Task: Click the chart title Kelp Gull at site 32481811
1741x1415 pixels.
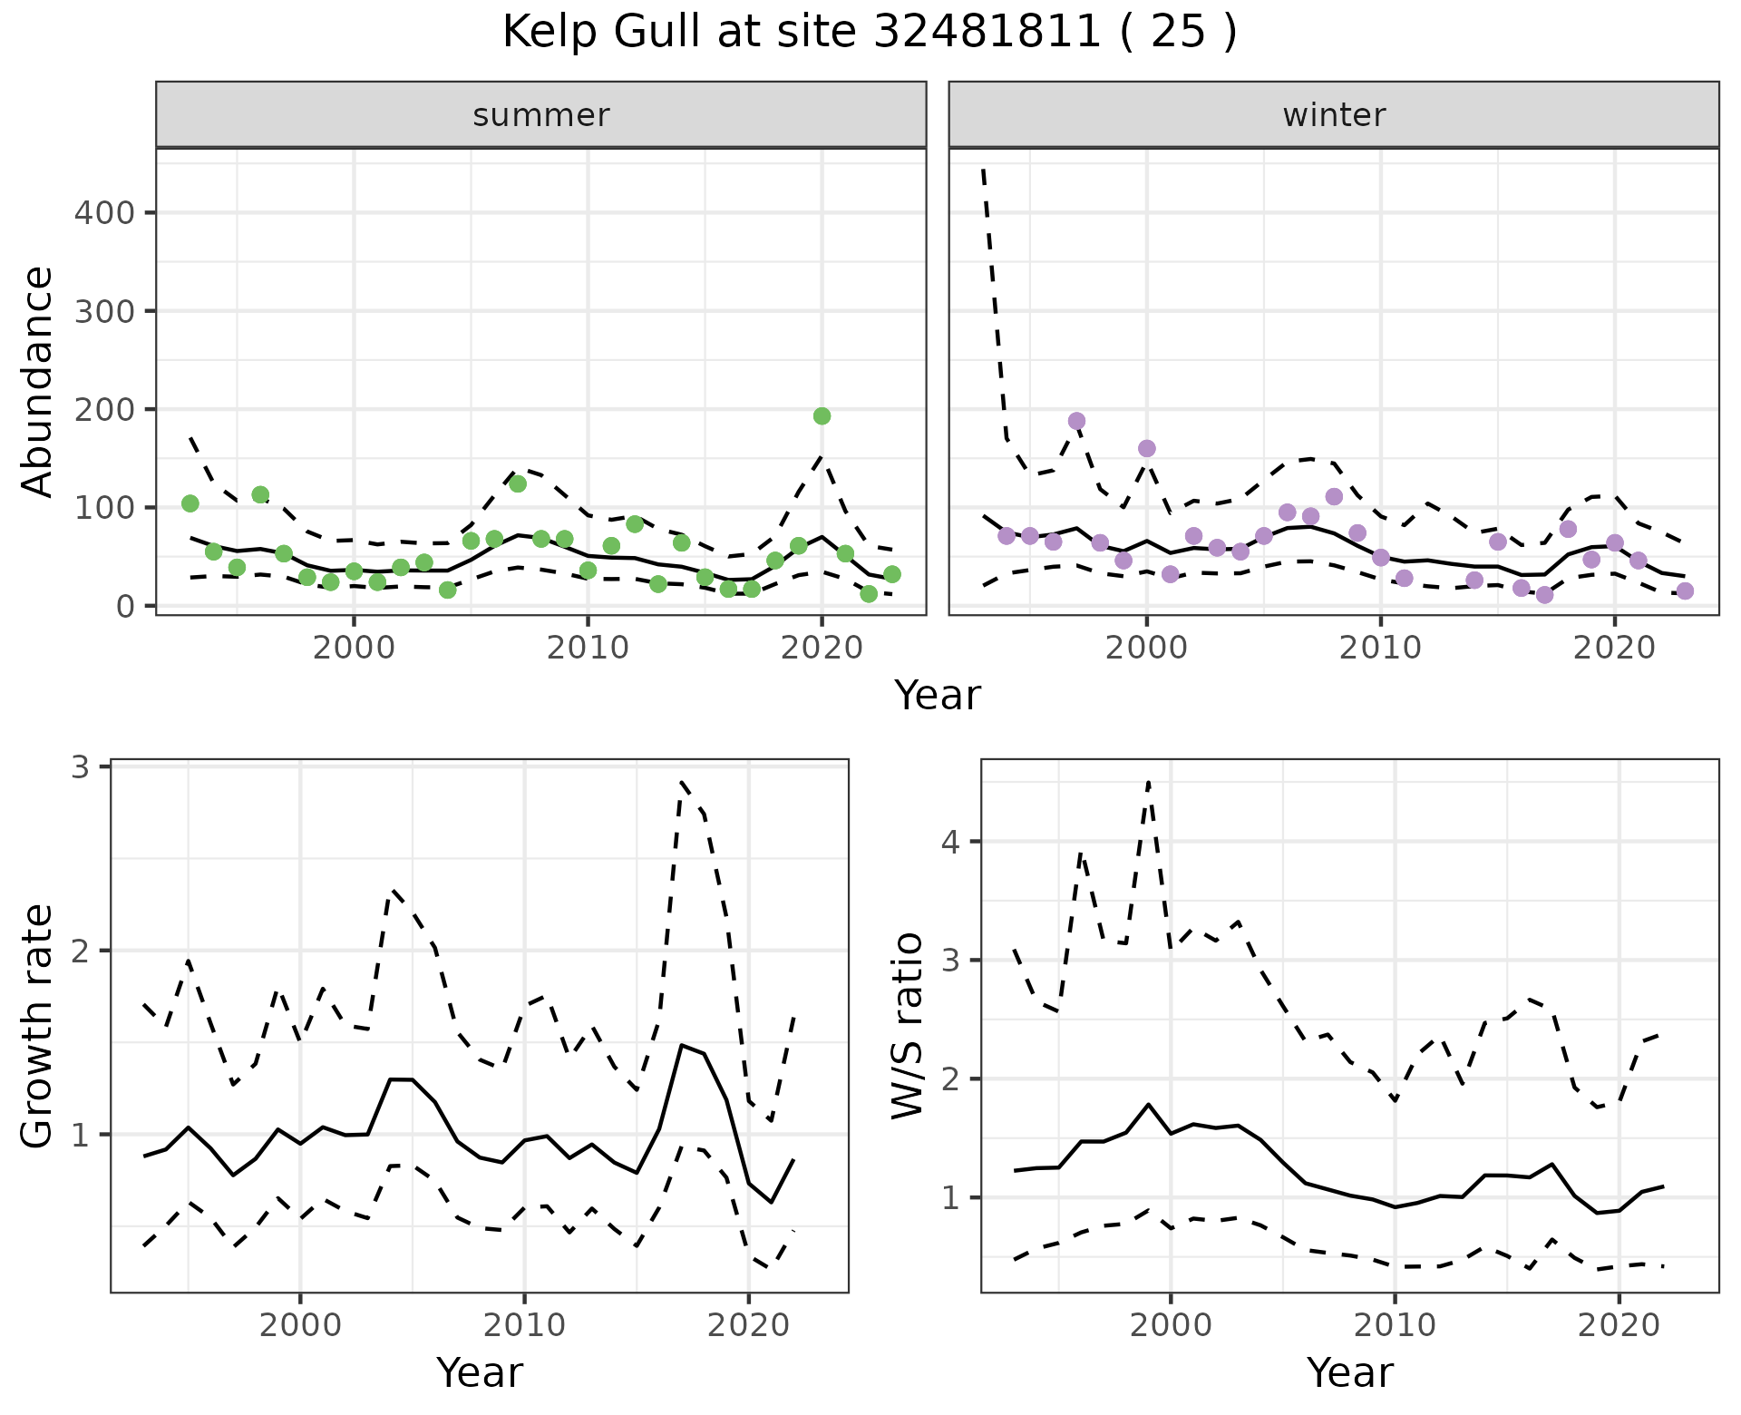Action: (869, 33)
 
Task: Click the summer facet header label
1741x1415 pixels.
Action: (541, 115)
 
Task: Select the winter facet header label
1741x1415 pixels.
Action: (1334, 115)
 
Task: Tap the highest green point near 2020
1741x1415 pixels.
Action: (822, 416)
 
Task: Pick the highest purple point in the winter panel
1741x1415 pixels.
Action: (1076, 421)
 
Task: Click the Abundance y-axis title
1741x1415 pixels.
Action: (38, 381)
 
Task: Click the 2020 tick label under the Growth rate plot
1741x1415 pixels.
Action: (748, 1325)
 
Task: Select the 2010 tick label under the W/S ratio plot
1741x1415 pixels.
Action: (1395, 1325)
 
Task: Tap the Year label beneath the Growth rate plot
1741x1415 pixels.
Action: (480, 1372)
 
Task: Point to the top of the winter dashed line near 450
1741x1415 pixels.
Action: (984, 170)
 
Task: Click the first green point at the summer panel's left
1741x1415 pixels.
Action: (190, 503)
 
